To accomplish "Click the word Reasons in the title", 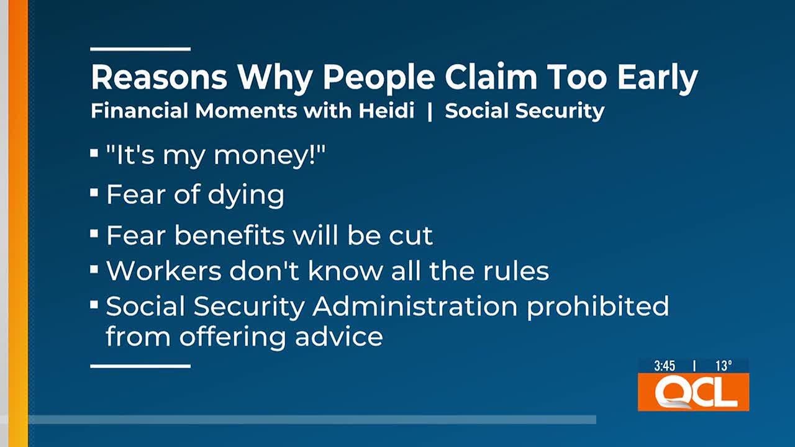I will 158,78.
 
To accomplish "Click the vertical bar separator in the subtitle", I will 429,112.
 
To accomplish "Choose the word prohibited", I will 597,307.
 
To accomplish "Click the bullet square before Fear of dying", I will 94,193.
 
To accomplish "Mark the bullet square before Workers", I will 94,269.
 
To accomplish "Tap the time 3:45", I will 664,366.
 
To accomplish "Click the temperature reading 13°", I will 723,366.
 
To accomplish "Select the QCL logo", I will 693,392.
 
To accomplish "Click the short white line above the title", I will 140,48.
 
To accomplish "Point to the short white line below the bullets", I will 140,366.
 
